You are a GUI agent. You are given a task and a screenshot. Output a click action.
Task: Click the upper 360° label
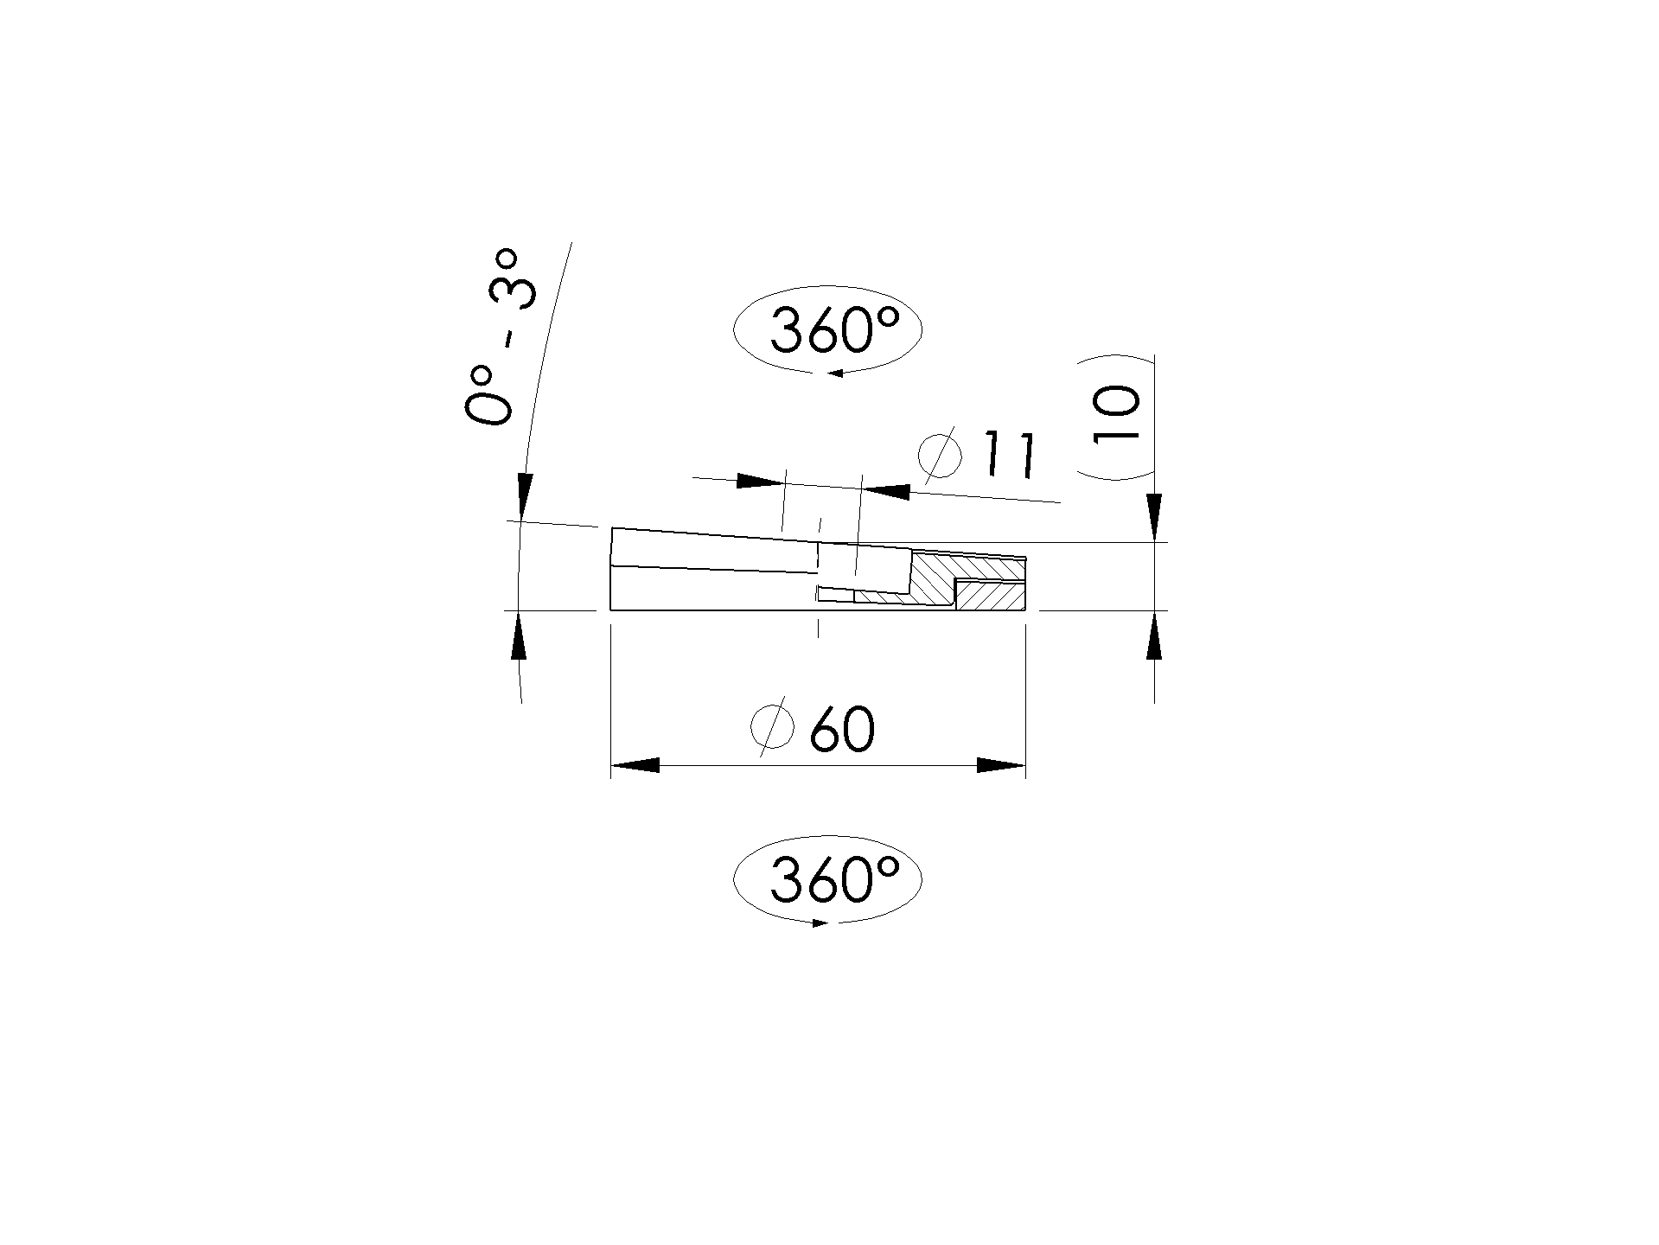[834, 331]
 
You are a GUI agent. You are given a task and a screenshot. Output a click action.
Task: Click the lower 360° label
[834, 880]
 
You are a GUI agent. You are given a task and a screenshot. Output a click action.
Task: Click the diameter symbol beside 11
[939, 453]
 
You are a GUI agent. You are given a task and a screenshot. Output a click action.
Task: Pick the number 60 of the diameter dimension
[842, 730]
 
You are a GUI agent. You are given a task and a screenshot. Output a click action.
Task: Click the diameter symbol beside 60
[773, 726]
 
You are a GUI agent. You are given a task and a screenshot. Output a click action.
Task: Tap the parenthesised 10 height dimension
[1118, 416]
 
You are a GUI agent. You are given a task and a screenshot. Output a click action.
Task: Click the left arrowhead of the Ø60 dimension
[635, 765]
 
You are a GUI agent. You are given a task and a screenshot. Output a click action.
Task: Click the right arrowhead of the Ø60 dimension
[1001, 765]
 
